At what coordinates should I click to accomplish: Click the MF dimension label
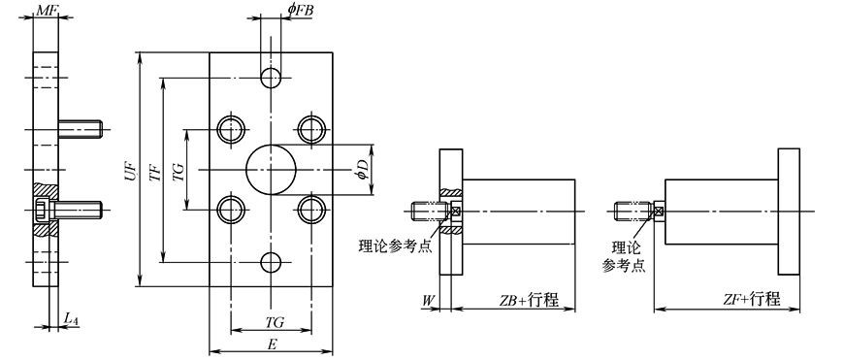46,10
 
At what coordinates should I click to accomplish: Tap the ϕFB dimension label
299,10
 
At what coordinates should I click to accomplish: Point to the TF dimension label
154,171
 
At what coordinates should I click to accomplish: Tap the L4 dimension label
71,318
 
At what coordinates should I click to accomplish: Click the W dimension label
428,300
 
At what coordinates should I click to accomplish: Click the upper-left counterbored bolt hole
231,129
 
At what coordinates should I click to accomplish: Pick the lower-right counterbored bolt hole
311,210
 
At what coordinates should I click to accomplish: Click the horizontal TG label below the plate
275,320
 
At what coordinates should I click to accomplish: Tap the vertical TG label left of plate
178,171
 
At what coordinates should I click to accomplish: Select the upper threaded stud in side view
81,127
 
